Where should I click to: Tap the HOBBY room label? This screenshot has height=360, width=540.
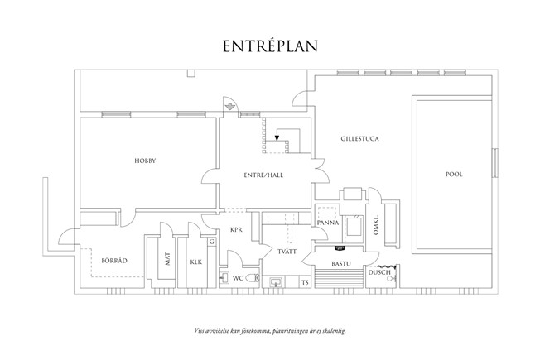pyautogui.click(x=146, y=161)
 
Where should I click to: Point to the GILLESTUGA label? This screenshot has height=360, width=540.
pyautogui.click(x=359, y=139)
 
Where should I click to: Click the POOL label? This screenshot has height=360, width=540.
pyautogui.click(x=453, y=175)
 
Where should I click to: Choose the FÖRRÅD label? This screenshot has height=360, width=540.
pyautogui.click(x=113, y=261)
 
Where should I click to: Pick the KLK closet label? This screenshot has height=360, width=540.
pyautogui.click(x=195, y=262)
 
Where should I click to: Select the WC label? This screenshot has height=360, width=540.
pyautogui.click(x=237, y=278)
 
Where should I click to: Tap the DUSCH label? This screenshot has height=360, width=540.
pyautogui.click(x=379, y=271)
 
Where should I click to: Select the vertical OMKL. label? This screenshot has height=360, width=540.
pyautogui.click(x=376, y=224)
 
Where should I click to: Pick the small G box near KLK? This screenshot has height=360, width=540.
pyautogui.click(x=212, y=242)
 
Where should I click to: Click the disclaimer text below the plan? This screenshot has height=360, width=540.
pyautogui.click(x=269, y=329)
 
